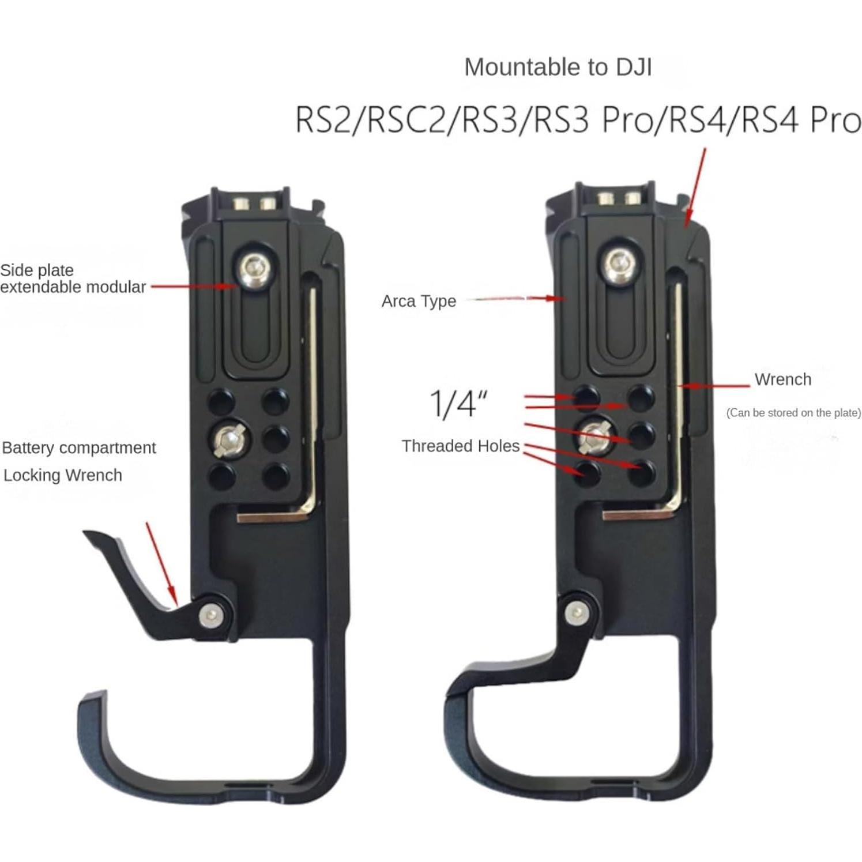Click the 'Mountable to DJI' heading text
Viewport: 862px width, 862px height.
558,67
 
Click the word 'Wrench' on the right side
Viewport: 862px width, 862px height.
782,379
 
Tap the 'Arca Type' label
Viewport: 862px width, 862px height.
419,301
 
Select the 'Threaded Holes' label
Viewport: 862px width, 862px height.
460,446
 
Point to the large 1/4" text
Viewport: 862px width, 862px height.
459,403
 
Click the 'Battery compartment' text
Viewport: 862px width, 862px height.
79,447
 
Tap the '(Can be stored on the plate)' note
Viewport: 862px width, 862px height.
793,413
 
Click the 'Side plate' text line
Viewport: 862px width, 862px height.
37,270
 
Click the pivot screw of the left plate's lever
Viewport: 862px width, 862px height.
210,616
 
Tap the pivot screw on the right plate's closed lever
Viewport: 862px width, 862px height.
576,611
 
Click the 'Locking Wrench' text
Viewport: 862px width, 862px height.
62,475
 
